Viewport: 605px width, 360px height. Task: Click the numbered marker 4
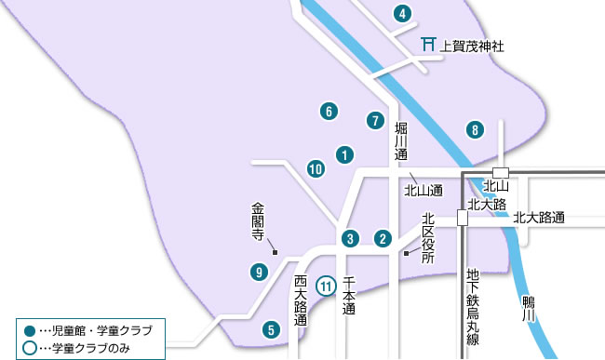402,14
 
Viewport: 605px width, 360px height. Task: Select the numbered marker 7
374,120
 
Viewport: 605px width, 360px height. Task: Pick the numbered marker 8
476,129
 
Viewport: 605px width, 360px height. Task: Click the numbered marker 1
344,154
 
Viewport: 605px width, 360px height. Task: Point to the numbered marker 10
316,168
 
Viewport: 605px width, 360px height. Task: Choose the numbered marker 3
349,238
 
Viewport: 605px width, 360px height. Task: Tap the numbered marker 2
382,238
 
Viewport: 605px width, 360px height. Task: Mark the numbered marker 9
259,272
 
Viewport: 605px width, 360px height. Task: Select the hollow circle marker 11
326,287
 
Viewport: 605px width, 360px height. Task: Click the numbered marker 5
270,328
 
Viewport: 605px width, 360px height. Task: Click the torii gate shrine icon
428,44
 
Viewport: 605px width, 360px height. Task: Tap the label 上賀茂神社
471,44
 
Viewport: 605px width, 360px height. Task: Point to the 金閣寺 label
259,223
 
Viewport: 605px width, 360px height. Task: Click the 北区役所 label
427,238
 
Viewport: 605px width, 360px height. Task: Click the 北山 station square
501,172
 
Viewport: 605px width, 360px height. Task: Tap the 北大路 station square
462,218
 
